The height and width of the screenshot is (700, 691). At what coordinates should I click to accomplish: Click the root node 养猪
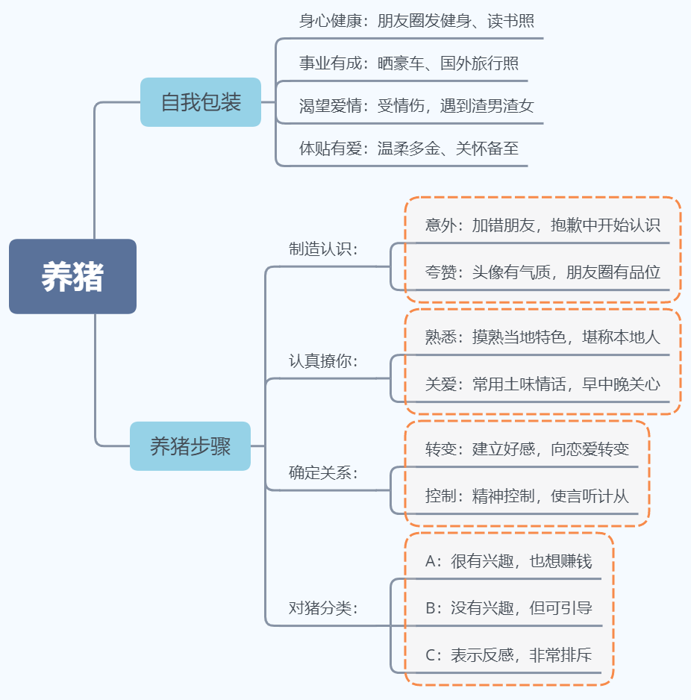pyautogui.click(x=73, y=276)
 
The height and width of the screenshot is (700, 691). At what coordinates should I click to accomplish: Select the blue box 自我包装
pyautogui.click(x=201, y=102)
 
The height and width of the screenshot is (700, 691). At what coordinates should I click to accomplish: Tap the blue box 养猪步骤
pyautogui.click(x=190, y=446)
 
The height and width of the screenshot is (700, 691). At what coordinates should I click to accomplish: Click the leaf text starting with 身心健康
pyautogui.click(x=416, y=21)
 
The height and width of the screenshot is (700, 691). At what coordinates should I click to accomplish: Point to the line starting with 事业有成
pyautogui.click(x=409, y=63)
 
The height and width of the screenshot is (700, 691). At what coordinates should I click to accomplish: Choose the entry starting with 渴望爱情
pyautogui.click(x=416, y=106)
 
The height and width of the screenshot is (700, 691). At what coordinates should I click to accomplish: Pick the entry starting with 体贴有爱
pyautogui.click(x=409, y=149)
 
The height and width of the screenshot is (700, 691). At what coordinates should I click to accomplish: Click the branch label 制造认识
pyautogui.click(x=323, y=249)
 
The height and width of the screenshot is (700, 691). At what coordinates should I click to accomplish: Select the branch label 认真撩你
pyautogui.click(x=323, y=360)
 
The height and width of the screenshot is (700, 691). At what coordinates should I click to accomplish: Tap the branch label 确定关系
pyautogui.click(x=323, y=473)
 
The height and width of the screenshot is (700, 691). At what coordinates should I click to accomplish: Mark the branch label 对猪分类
pyautogui.click(x=323, y=608)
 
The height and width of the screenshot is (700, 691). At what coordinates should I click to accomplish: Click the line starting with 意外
pyautogui.click(x=543, y=225)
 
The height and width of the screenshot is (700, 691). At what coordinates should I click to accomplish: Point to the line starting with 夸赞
pyautogui.click(x=543, y=272)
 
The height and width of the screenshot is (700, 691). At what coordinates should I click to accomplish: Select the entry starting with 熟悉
pyautogui.click(x=543, y=337)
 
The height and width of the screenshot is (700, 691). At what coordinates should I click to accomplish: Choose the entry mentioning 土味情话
pyautogui.click(x=543, y=384)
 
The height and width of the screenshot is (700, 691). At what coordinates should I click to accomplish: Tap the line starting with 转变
pyautogui.click(x=527, y=449)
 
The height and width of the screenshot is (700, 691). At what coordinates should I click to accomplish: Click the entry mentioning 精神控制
pyautogui.click(x=527, y=496)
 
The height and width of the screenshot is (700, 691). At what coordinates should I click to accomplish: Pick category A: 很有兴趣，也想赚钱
pyautogui.click(x=508, y=561)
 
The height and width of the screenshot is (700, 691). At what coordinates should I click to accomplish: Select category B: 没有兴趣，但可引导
pyautogui.click(x=508, y=608)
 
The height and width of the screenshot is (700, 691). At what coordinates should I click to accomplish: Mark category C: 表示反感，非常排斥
pyautogui.click(x=508, y=655)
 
